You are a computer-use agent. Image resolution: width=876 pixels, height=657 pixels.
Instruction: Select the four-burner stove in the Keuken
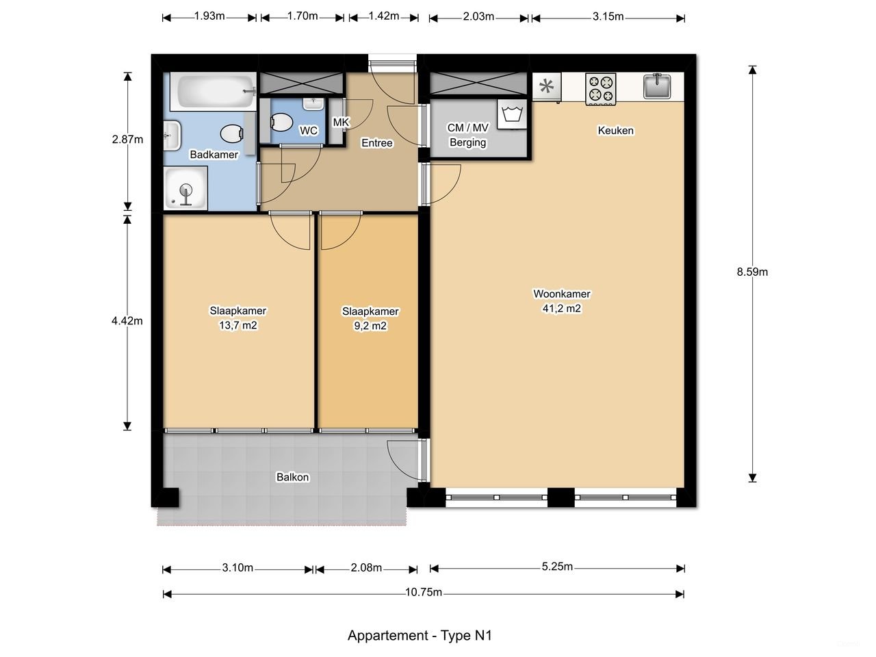(600, 89)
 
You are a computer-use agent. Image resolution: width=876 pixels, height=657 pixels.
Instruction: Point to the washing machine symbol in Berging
(511, 114)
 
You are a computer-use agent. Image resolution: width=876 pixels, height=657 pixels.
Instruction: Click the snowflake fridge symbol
(546, 87)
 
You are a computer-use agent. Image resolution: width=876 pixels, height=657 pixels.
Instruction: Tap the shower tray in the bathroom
(185, 190)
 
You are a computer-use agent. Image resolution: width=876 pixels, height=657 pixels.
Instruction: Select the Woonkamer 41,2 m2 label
(562, 301)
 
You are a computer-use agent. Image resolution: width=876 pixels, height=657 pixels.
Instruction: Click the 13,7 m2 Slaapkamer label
(237, 318)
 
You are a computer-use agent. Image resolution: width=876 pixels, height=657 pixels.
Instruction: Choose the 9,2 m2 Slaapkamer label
(370, 318)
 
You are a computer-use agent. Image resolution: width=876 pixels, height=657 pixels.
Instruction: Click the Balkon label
(292, 477)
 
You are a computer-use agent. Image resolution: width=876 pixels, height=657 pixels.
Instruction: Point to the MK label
(340, 123)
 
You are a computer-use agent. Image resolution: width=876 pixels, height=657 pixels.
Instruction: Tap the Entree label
(377, 143)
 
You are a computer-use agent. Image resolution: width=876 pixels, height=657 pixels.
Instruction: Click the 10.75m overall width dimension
(423, 593)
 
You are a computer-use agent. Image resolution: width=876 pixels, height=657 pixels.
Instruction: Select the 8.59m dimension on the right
(752, 272)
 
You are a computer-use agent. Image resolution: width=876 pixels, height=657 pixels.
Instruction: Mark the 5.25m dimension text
(557, 567)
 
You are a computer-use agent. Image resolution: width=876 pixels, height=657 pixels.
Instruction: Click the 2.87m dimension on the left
(127, 140)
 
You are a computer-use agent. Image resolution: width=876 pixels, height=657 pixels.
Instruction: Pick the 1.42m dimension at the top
(383, 16)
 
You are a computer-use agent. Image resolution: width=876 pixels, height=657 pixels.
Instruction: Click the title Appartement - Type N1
(420, 635)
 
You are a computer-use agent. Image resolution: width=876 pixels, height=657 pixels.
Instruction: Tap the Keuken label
(615, 130)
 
